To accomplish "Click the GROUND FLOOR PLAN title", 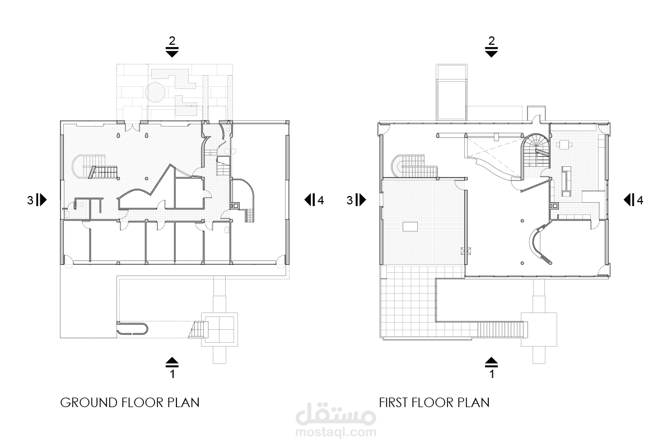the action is (x=130, y=403).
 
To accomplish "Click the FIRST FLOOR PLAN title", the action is (x=434, y=403).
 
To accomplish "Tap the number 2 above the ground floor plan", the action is (x=172, y=40).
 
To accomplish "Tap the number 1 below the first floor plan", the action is (x=492, y=374).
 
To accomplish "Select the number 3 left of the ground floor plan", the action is (x=30, y=200).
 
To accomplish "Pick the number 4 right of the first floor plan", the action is (x=640, y=200).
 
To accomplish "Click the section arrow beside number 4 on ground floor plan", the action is (x=310, y=200).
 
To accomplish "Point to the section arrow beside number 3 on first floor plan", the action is (x=361, y=200).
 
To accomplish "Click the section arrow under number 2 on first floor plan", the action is (x=492, y=52).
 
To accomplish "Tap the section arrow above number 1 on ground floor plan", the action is (x=172, y=362).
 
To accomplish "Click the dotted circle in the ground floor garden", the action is (x=155, y=92).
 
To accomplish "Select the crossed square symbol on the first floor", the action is (x=465, y=251).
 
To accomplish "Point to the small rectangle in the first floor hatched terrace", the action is (x=410, y=227).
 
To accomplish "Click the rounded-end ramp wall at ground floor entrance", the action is (x=132, y=328).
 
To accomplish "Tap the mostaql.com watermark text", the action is (x=335, y=432).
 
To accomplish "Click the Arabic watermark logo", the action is (x=335, y=414).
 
